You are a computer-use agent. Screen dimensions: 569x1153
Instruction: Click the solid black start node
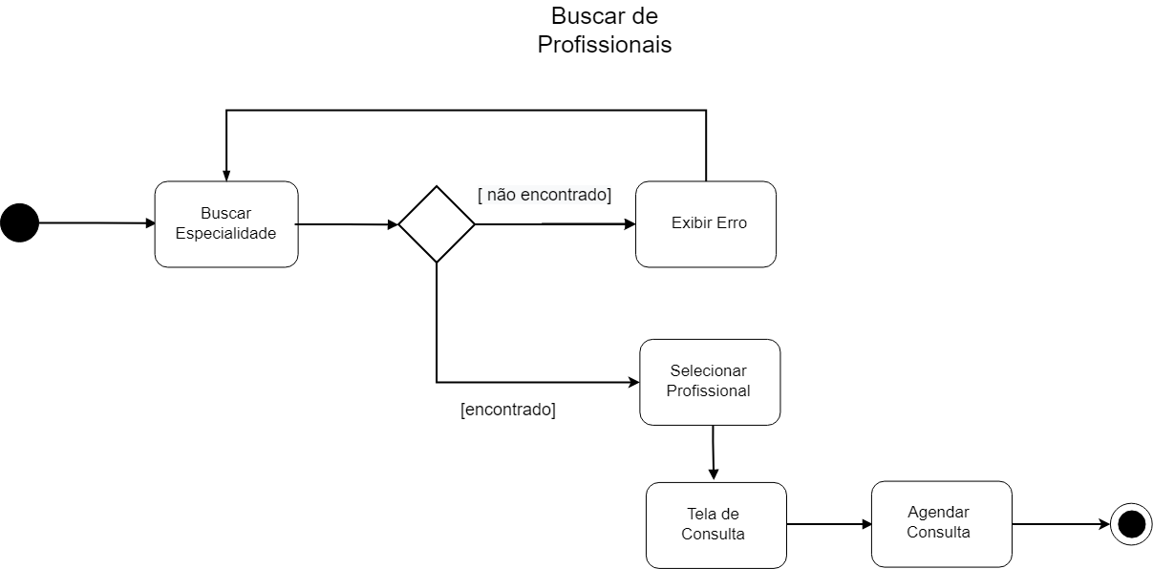pos(19,223)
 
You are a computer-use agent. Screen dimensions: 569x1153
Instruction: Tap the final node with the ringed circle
pos(1131,524)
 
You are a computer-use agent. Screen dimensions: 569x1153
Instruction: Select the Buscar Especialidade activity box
pos(226,223)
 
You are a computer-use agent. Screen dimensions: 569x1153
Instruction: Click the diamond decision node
pos(437,224)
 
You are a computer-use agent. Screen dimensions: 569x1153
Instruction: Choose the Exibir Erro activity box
pos(706,223)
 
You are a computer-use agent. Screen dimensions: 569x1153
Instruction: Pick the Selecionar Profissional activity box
pos(709,381)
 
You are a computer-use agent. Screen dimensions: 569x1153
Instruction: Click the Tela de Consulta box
pos(715,524)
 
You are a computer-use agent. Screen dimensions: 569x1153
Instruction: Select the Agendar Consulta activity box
pos(940,523)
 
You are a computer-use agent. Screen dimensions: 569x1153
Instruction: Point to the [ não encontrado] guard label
pos(544,195)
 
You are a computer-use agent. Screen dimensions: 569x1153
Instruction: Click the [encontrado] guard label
pos(507,410)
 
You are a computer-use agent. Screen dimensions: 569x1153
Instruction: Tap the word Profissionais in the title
pos(604,45)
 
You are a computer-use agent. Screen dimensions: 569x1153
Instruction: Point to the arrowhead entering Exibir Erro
pos(630,224)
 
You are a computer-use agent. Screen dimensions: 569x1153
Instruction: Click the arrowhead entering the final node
pos(1104,524)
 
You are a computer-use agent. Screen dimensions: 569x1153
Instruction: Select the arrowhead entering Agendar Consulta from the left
pos(865,524)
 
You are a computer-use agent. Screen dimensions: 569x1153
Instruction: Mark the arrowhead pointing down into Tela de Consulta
pos(714,474)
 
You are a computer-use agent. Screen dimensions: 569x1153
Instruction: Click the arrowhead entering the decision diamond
pos(393,225)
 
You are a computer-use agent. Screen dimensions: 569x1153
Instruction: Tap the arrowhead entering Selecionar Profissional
pos(633,382)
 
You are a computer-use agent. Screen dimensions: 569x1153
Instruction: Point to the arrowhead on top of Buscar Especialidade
pos(226,175)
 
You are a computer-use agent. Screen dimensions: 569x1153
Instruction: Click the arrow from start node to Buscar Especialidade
pos(96,223)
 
